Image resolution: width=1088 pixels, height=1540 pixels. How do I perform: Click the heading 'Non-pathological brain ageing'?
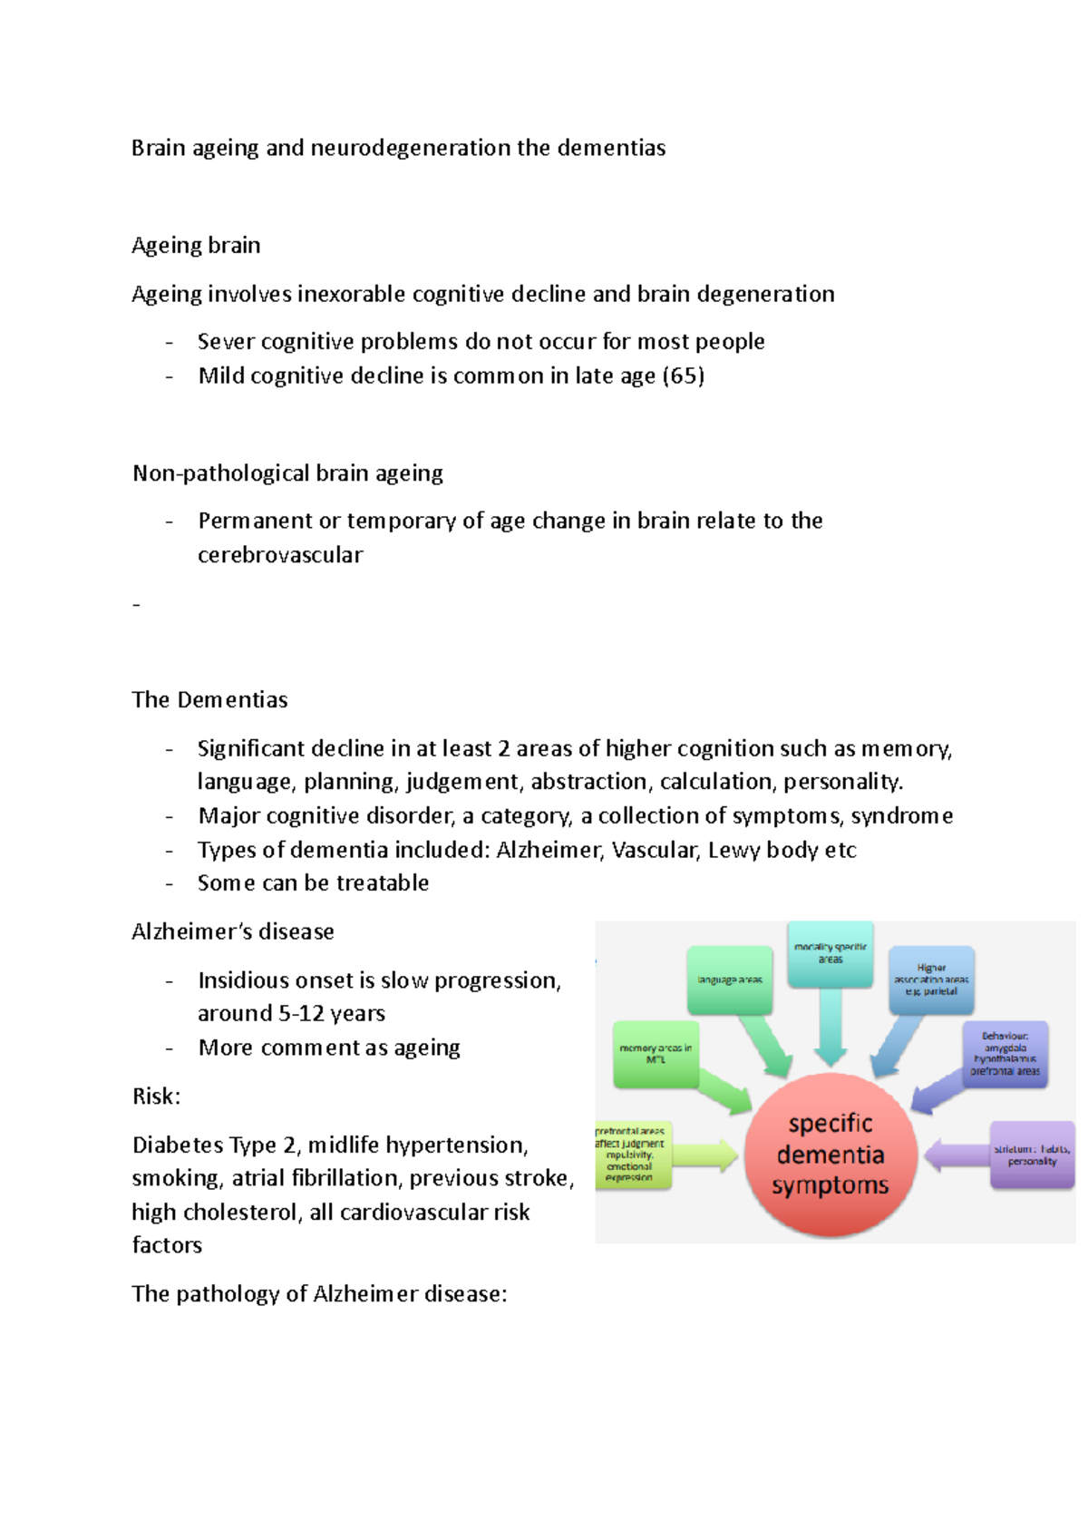(x=287, y=473)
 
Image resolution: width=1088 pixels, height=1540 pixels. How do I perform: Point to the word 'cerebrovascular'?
(x=280, y=555)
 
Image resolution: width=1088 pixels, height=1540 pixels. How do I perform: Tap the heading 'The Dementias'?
(x=209, y=700)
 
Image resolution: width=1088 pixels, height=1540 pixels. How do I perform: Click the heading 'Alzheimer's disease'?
(x=233, y=931)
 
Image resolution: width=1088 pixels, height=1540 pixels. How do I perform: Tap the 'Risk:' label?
(x=156, y=1097)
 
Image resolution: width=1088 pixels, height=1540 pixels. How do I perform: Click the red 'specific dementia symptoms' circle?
(x=830, y=1155)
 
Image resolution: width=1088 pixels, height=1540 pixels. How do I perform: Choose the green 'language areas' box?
(x=730, y=980)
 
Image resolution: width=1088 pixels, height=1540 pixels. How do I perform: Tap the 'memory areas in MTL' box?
(x=656, y=1054)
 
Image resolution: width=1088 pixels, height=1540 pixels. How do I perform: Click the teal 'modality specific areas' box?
(x=831, y=953)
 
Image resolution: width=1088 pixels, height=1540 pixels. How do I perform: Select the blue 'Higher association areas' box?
(x=931, y=980)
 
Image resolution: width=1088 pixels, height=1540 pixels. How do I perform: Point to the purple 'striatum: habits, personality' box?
(x=1032, y=1155)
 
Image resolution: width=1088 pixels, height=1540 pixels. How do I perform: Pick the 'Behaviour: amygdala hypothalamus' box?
(x=1005, y=1053)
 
